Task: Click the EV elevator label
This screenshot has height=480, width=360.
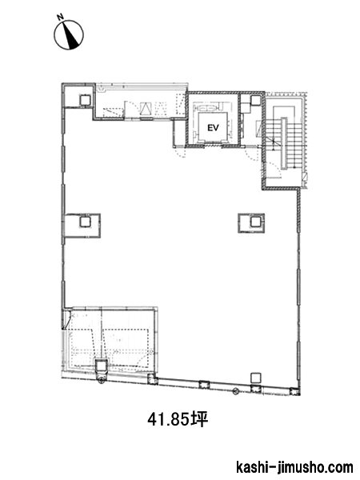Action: (x=213, y=128)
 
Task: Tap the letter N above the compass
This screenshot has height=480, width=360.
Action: (x=61, y=17)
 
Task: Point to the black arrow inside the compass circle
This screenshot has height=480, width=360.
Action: (x=71, y=36)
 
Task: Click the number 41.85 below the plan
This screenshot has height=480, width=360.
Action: (x=169, y=419)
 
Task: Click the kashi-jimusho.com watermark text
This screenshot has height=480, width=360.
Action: (x=294, y=468)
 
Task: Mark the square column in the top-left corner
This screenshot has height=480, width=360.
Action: (x=85, y=99)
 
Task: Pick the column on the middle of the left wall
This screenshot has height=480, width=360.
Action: (x=85, y=222)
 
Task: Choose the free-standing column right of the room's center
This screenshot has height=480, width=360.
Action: (x=255, y=222)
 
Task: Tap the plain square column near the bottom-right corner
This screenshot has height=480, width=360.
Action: (x=256, y=378)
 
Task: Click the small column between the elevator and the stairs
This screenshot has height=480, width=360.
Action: (x=255, y=100)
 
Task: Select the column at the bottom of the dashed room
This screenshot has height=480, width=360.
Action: (x=101, y=366)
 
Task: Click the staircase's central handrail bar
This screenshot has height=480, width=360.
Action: (x=284, y=143)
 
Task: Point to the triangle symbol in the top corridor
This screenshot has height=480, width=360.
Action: (x=146, y=108)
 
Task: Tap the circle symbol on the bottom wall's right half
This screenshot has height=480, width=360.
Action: (x=235, y=391)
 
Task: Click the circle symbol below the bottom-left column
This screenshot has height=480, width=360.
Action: (x=102, y=381)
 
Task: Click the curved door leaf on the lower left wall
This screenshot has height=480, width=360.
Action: (x=67, y=320)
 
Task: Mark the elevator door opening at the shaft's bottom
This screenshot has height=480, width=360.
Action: (x=213, y=146)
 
